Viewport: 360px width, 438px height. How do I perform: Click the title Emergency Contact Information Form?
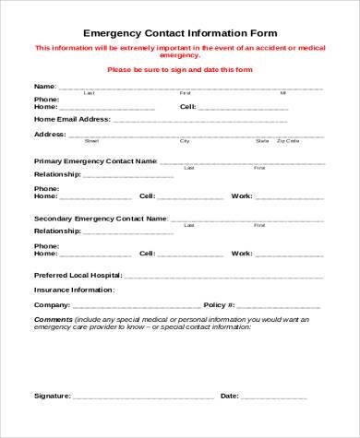pyautogui.click(x=180, y=32)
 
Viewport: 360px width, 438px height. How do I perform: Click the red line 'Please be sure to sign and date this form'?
pyautogui.click(x=180, y=69)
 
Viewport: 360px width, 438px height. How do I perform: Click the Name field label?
pyautogui.click(x=44, y=86)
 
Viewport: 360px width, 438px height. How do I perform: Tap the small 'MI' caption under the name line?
pyautogui.click(x=283, y=93)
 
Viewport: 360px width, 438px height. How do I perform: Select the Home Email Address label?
pyautogui.click(x=72, y=119)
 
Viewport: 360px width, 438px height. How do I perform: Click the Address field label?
pyautogui.click(x=49, y=134)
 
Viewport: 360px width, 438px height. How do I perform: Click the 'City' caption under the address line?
pyautogui.click(x=185, y=141)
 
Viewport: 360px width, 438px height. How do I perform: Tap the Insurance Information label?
pyautogui.click(x=75, y=290)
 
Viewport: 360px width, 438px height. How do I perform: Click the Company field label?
pyautogui.click(x=51, y=304)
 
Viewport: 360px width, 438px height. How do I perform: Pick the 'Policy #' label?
pyautogui.click(x=219, y=304)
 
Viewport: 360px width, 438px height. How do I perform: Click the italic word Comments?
pyautogui.click(x=54, y=319)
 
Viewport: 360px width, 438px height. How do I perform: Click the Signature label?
pyautogui.click(x=52, y=396)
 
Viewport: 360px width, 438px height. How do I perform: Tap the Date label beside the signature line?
pyautogui.click(x=230, y=396)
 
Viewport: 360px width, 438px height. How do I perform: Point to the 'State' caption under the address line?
pyautogui.click(x=262, y=141)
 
